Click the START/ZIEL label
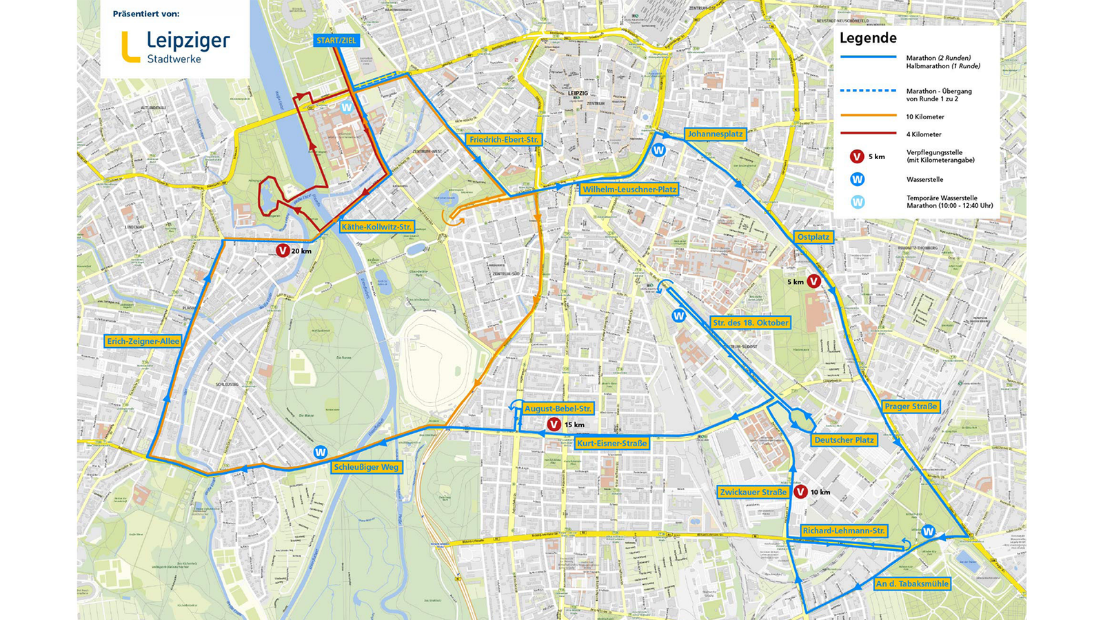click(336, 40)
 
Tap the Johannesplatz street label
click(715, 134)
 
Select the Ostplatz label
click(813, 237)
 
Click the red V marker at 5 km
click(813, 281)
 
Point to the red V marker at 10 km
click(800, 492)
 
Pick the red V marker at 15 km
click(553, 424)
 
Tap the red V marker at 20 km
click(283, 251)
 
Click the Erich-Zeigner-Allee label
click(143, 341)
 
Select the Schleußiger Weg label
click(366, 467)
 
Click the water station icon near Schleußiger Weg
click(320, 453)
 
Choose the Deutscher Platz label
click(844, 440)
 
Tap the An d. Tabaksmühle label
click(912, 583)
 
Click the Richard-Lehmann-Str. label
click(843, 530)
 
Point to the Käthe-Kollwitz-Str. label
click(376, 227)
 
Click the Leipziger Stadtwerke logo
click(175, 47)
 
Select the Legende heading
click(868, 39)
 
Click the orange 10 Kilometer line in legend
click(869, 116)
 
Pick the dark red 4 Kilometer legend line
click(869, 134)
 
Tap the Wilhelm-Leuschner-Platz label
click(629, 189)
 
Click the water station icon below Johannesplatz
click(658, 150)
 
